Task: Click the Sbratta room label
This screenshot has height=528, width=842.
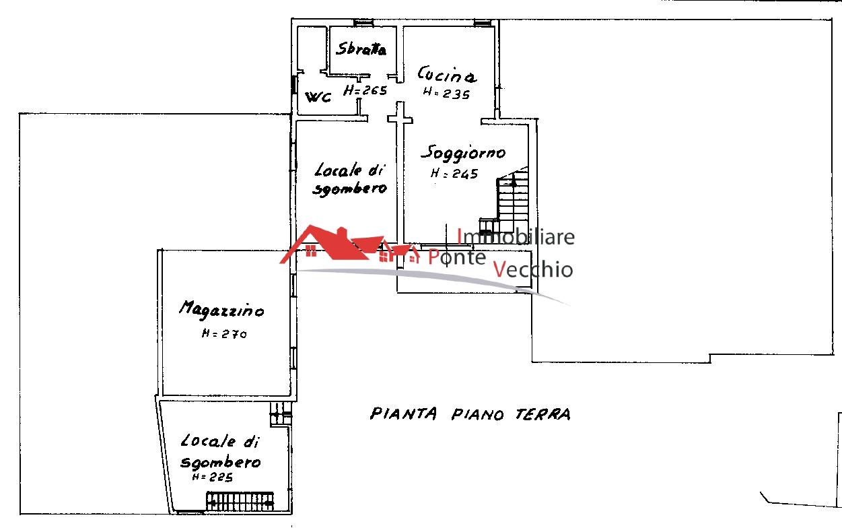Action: coord(361,48)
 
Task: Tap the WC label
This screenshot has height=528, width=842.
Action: coord(318,97)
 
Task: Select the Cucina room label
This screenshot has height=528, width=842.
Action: coord(446,74)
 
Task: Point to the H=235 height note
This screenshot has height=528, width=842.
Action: coord(446,93)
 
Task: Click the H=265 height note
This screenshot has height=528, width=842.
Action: coord(365,90)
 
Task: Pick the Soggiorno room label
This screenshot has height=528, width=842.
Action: coord(463,153)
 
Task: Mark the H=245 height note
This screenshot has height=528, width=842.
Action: coord(454,173)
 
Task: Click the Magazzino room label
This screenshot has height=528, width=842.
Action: coord(221,310)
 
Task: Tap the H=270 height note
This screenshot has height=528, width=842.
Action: coord(224,333)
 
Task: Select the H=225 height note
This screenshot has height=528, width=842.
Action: coord(213,477)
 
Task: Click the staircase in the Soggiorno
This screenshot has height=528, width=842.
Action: coord(507,201)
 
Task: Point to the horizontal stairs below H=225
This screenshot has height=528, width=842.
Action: coord(240,501)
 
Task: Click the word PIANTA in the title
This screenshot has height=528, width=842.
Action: coord(403,414)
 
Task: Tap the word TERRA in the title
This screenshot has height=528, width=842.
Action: coord(542,414)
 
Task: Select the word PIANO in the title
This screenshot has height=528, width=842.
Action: coord(477,414)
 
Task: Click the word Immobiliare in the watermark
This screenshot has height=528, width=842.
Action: coord(516,237)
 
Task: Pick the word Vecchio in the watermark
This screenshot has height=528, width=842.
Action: coord(532,269)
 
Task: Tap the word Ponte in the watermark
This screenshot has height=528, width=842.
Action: coord(457,257)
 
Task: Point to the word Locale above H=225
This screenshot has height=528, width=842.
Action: coord(208,440)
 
